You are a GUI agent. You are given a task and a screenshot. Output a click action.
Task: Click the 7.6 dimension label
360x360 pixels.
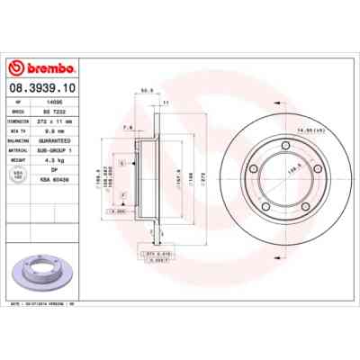coord(128,127)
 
